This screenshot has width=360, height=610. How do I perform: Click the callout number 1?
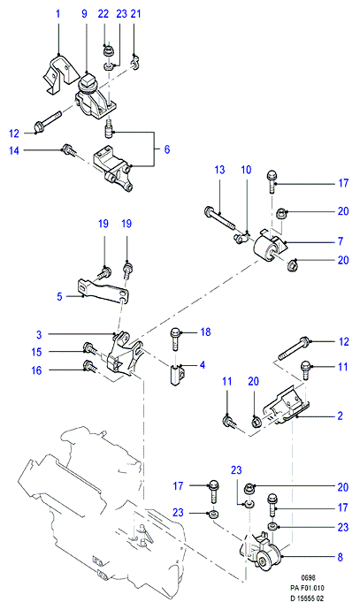point(58,14)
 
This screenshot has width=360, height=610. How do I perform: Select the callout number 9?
point(84,14)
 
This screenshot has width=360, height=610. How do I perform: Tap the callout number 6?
point(167,149)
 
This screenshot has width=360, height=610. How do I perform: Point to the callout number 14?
point(14,150)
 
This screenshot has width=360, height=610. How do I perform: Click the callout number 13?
point(220,170)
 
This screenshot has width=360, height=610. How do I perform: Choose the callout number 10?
point(247,170)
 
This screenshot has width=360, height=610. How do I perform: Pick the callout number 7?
point(341,241)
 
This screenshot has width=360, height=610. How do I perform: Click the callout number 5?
point(59,296)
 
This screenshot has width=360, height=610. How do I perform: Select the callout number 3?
point(39,334)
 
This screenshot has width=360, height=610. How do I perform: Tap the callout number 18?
point(205,332)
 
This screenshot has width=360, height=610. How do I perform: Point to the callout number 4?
point(203,365)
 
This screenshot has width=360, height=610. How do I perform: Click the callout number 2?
point(341,416)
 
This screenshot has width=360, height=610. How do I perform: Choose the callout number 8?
point(341,557)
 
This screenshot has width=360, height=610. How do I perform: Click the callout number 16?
point(36,370)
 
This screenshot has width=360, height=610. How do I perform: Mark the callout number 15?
point(36,352)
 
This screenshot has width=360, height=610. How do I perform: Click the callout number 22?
point(103,14)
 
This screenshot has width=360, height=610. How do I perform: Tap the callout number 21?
point(135,14)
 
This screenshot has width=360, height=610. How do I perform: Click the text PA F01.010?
point(307,588)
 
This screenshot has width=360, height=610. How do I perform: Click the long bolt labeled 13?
point(219,217)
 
